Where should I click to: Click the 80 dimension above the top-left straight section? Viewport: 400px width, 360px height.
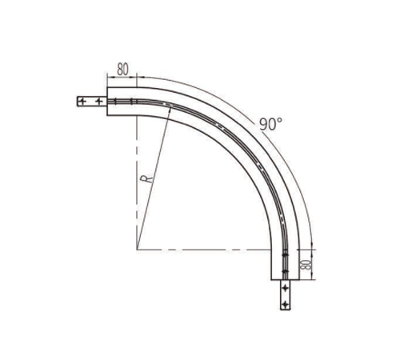[122, 70]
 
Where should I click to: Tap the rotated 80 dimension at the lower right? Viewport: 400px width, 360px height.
[306, 265]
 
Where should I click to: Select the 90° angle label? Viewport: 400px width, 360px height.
[270, 124]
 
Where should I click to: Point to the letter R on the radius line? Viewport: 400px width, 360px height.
[147, 179]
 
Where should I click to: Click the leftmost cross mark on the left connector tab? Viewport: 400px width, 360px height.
[82, 102]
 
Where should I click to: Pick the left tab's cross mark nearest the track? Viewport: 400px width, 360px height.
[99, 102]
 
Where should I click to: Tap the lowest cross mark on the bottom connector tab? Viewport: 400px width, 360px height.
[286, 304]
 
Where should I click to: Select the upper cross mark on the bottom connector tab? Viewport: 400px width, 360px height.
[286, 288]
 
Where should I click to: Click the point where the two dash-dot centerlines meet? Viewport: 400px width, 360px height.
[137, 250]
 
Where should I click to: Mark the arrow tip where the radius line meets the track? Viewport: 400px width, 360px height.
[170, 106]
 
